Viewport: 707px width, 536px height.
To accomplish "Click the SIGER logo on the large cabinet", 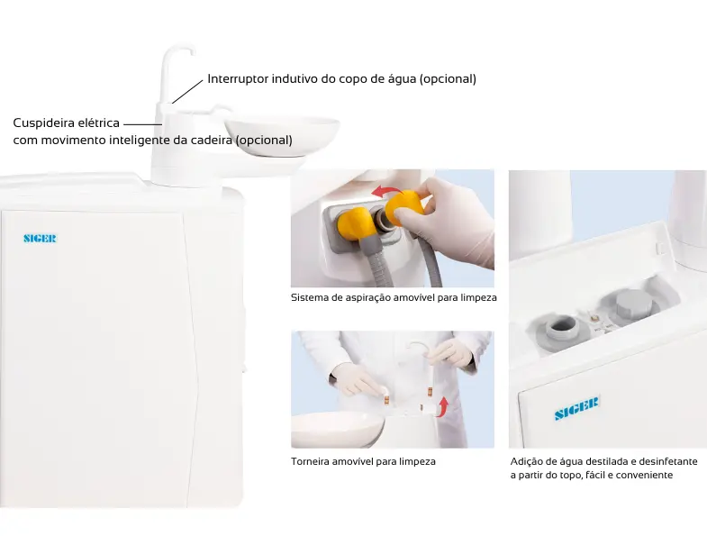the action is [x=41, y=238].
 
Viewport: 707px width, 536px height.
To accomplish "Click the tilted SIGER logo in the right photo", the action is [x=576, y=408].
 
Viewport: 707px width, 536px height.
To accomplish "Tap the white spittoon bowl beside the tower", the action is [x=282, y=135].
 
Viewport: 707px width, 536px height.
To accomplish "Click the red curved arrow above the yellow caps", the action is [x=387, y=191].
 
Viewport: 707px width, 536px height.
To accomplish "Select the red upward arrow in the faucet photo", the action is [x=443, y=407].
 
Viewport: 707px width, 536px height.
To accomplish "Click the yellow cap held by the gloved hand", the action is [x=405, y=207].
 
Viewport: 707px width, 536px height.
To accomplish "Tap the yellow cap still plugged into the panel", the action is [x=355, y=223].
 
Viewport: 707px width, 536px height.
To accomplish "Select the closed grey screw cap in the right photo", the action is [x=634, y=304].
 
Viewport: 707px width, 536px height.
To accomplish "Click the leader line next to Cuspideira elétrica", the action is [x=142, y=124].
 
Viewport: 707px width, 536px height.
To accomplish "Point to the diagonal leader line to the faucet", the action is [x=187, y=92].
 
